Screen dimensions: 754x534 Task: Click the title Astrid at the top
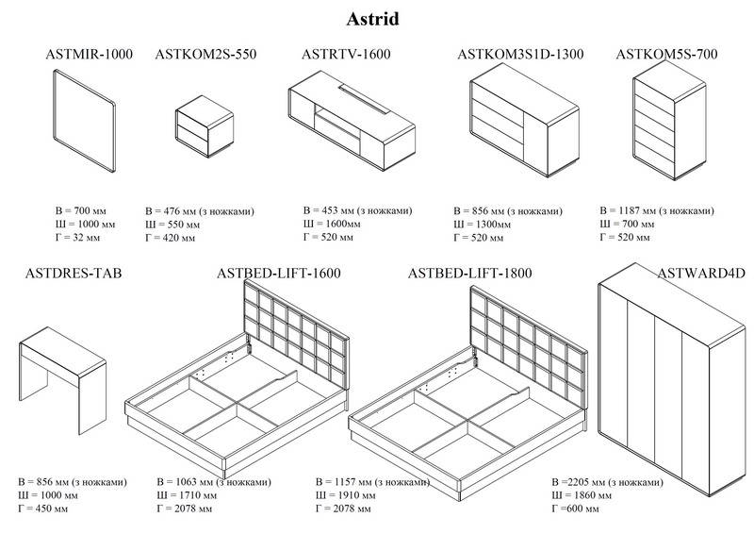click(x=372, y=19)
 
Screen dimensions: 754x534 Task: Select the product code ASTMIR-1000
click(x=89, y=54)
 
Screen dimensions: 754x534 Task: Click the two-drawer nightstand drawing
click(x=205, y=126)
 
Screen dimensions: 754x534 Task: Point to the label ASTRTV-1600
click(x=346, y=54)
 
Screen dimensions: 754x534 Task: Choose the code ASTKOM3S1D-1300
click(x=520, y=54)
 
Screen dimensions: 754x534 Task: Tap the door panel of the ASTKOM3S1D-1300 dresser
click(x=535, y=141)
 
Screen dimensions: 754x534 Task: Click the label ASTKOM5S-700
click(x=666, y=54)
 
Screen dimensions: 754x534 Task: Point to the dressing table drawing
click(x=62, y=380)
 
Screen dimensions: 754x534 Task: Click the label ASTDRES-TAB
click(x=74, y=274)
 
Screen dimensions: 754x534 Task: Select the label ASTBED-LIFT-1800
click(x=469, y=274)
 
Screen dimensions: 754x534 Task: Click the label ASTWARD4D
click(x=701, y=274)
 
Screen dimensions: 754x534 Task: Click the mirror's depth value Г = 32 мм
click(x=78, y=238)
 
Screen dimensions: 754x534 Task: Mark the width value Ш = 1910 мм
click(x=345, y=495)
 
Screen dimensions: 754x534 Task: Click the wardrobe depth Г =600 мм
click(x=576, y=509)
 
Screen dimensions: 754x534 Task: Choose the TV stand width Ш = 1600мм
click(x=332, y=224)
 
